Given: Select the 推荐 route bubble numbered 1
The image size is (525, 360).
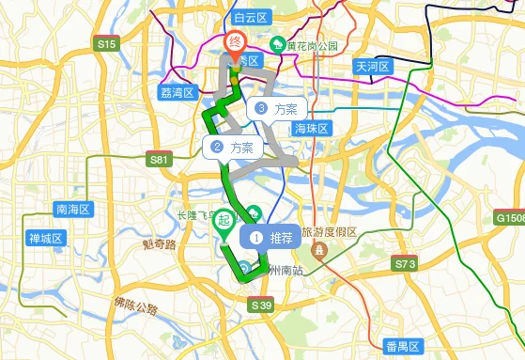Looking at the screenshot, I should (270, 238).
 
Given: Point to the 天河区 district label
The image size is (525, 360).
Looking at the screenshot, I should (373, 67).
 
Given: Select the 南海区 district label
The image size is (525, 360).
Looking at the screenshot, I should (71, 209).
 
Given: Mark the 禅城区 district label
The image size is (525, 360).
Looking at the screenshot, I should (45, 238).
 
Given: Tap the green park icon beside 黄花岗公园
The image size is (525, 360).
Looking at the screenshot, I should (278, 44).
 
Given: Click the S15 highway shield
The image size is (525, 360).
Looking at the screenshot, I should (106, 44).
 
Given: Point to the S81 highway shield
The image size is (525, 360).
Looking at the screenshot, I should (160, 160).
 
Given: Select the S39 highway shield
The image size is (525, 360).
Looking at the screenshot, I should (262, 305).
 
